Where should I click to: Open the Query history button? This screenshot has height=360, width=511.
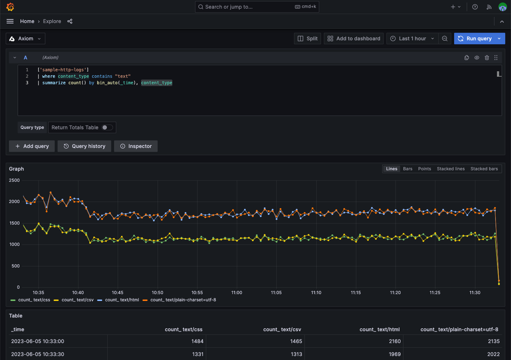click(x=84, y=146)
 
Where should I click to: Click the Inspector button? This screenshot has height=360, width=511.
click(x=136, y=146)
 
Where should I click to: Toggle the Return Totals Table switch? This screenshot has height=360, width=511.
click(x=107, y=127)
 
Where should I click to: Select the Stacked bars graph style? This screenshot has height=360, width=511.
click(x=484, y=169)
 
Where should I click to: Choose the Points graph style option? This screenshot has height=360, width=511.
click(x=424, y=169)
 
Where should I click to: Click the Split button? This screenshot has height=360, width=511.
click(x=307, y=39)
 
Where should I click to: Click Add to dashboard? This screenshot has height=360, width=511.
click(x=354, y=39)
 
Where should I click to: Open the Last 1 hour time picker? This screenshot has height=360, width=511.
click(x=412, y=39)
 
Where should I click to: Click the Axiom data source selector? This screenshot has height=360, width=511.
click(x=25, y=39)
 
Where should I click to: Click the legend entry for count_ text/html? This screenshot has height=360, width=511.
click(x=118, y=300)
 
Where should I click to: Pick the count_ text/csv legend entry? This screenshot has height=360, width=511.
click(x=74, y=300)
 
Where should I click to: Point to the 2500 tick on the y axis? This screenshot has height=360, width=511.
click(x=14, y=180)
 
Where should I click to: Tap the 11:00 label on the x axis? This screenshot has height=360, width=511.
click(x=236, y=292)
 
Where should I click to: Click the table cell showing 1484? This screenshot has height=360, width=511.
click(x=197, y=341)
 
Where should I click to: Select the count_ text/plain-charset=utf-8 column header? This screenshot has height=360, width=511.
click(x=459, y=329)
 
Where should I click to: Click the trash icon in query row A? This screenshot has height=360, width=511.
click(x=487, y=58)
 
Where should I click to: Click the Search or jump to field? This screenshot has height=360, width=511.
click(x=257, y=7)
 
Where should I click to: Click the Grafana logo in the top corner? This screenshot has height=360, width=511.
click(x=10, y=7)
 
